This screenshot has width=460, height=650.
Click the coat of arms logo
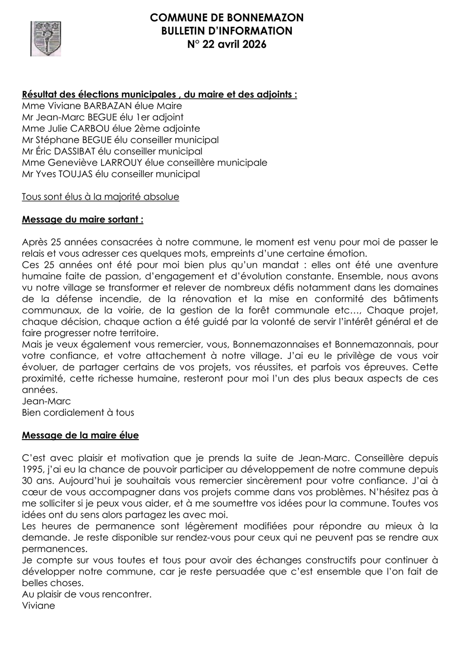45,38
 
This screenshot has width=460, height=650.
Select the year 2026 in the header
254,44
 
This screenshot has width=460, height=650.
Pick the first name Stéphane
54,140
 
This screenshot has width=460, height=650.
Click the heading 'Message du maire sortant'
82,219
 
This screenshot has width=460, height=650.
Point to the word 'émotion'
349,253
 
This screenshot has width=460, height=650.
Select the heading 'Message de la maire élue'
80,435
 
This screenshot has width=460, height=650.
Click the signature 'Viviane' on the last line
38,606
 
